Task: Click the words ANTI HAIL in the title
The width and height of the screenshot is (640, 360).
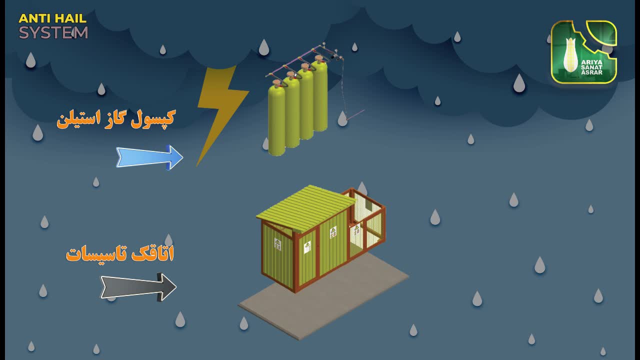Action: pyautogui.click(x=52, y=18)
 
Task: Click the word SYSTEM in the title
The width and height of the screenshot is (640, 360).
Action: pyautogui.click(x=53, y=33)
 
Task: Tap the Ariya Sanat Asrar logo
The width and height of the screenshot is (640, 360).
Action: pyautogui.click(x=583, y=52)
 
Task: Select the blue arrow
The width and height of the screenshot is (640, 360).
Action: pyautogui.click(x=149, y=157)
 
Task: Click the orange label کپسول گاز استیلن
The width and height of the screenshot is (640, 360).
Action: pyautogui.click(x=115, y=118)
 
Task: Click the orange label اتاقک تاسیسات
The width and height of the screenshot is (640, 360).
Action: pyautogui.click(x=120, y=253)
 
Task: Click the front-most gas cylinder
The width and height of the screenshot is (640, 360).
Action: pyautogui.click(x=276, y=120)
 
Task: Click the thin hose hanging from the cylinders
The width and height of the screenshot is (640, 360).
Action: pyautogui.click(x=344, y=90)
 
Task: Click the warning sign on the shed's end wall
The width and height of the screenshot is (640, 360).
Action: pyautogui.click(x=277, y=244)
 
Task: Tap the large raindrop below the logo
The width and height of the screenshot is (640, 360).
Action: pyautogui.click(x=519, y=83)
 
